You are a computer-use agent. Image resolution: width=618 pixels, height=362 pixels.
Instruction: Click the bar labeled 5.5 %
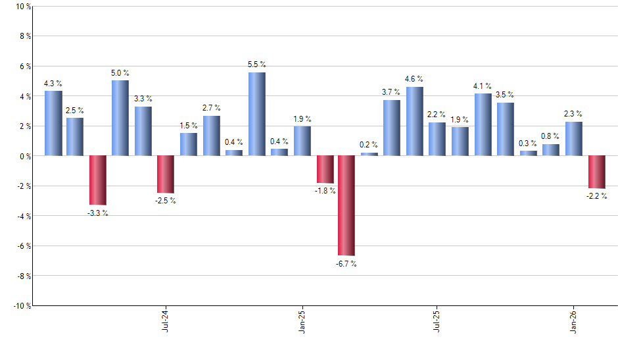tap(257, 114)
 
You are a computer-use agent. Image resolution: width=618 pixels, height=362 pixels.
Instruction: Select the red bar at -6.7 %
tap(346, 205)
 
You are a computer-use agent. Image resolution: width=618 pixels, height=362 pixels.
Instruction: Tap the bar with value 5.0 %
tap(120, 118)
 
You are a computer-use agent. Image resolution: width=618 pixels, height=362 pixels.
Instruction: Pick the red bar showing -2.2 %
tap(596, 172)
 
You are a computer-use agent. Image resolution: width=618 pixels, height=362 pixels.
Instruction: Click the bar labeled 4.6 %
tap(414, 121)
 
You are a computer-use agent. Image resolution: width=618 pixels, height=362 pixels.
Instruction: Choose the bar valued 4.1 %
tap(483, 124)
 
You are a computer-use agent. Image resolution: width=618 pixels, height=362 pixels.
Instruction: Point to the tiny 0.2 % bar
tap(369, 154)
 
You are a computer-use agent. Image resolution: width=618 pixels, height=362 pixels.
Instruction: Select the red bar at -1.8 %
tap(325, 169)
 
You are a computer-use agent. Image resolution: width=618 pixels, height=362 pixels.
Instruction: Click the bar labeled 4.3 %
tap(53, 123)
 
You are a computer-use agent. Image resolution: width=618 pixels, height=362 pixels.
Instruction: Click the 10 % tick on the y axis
tap(23, 7)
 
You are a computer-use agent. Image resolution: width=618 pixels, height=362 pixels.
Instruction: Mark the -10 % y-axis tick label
tap(22, 306)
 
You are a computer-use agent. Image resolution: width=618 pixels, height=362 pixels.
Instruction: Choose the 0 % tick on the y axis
tap(25, 156)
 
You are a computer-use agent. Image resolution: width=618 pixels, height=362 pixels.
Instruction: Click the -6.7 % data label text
tap(346, 264)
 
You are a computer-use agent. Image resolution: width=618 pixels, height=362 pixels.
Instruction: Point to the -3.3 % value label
tap(98, 213)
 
